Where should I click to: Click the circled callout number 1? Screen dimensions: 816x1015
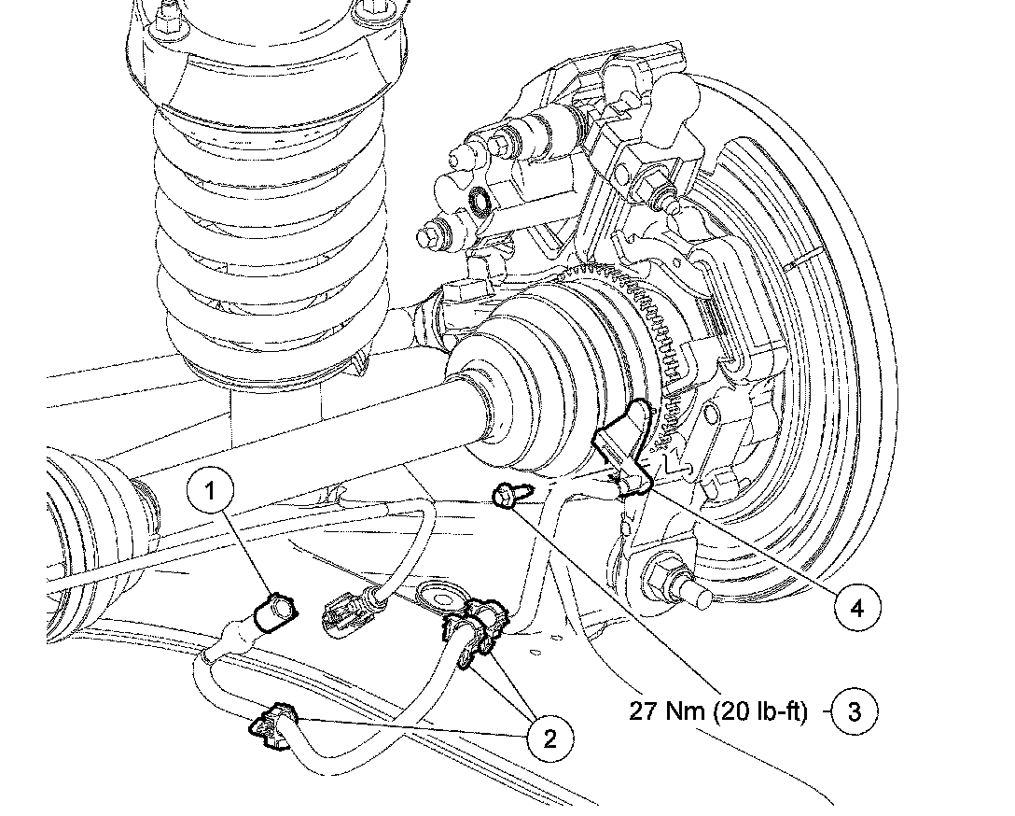pyautogui.click(x=213, y=490)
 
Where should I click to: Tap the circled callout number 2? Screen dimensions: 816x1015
pyautogui.click(x=549, y=739)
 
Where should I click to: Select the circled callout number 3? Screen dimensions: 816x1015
pyautogui.click(x=855, y=711)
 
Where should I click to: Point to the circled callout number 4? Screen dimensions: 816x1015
pyautogui.click(x=855, y=608)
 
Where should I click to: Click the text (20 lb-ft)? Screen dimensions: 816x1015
pyautogui.click(x=762, y=711)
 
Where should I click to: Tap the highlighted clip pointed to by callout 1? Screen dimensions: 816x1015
pyautogui.click(x=276, y=612)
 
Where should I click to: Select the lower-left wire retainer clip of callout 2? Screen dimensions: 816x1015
pyautogui.click(x=272, y=726)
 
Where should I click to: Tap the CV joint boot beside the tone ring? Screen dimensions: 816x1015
pyautogui.click(x=532, y=383)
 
